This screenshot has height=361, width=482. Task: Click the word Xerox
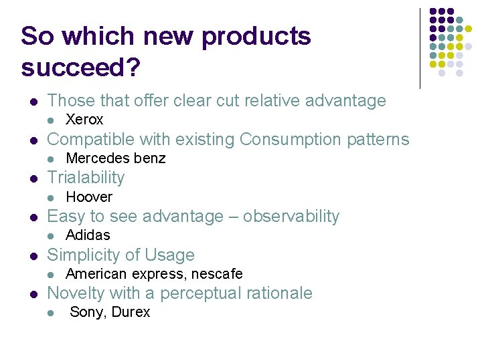click(84, 120)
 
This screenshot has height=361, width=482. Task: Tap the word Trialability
click(86, 178)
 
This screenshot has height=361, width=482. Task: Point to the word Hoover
click(89, 197)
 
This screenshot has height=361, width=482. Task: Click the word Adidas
click(88, 235)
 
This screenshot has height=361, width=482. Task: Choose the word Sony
click(86, 312)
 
